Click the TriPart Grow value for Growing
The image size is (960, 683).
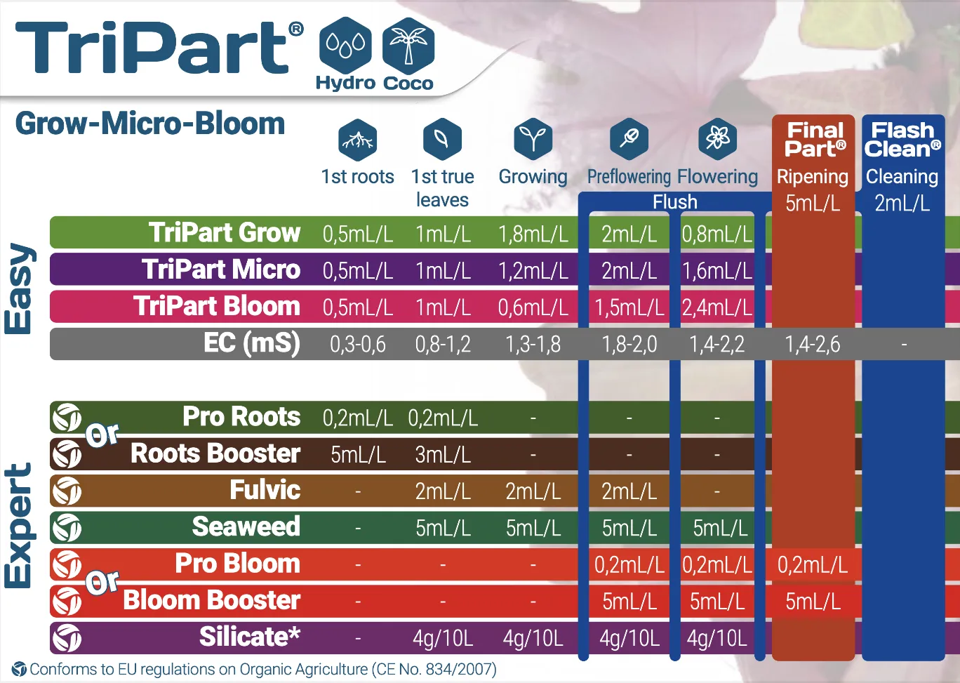coord(533,234)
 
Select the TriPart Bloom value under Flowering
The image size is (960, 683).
coord(717,307)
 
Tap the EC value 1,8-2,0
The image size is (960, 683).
coord(629,344)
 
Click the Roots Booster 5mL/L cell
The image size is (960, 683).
coord(358,454)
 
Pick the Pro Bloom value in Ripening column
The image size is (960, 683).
coord(813,564)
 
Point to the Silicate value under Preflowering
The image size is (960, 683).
coord(629,638)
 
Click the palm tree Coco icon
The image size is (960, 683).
coord(408,46)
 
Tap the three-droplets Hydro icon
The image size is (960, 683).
coord(345,46)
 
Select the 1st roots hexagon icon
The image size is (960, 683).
coord(357,140)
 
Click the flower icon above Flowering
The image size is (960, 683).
coord(717,139)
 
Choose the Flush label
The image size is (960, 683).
coord(675,202)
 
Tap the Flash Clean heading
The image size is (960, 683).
coord(902,140)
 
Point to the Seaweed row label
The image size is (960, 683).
coord(246,526)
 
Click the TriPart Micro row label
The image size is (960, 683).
coord(221,269)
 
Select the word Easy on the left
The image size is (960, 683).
coord(18,289)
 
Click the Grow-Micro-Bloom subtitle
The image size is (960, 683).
coord(150,124)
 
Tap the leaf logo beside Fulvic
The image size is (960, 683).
coord(67,491)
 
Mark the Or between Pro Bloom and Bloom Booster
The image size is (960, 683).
coord(102,582)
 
